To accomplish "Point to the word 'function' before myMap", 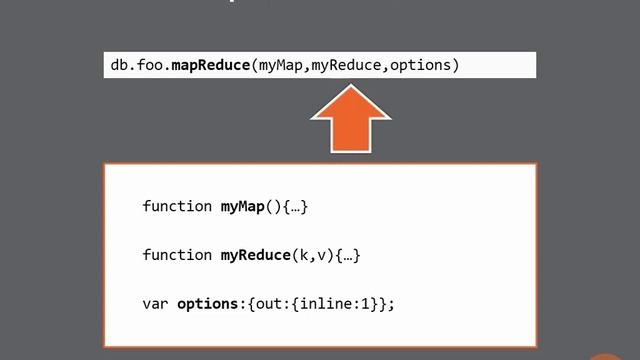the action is point(177,207).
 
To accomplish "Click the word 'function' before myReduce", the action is point(177,255).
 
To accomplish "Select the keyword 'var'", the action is point(155,303).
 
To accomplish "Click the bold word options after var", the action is point(205,303).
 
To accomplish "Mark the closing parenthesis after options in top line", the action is point(455,66).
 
